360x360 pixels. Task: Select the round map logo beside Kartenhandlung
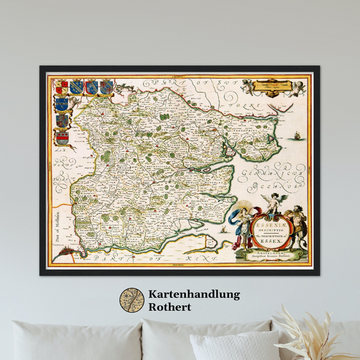132,301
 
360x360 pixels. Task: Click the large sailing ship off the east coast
295,138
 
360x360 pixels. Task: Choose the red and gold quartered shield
61,87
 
